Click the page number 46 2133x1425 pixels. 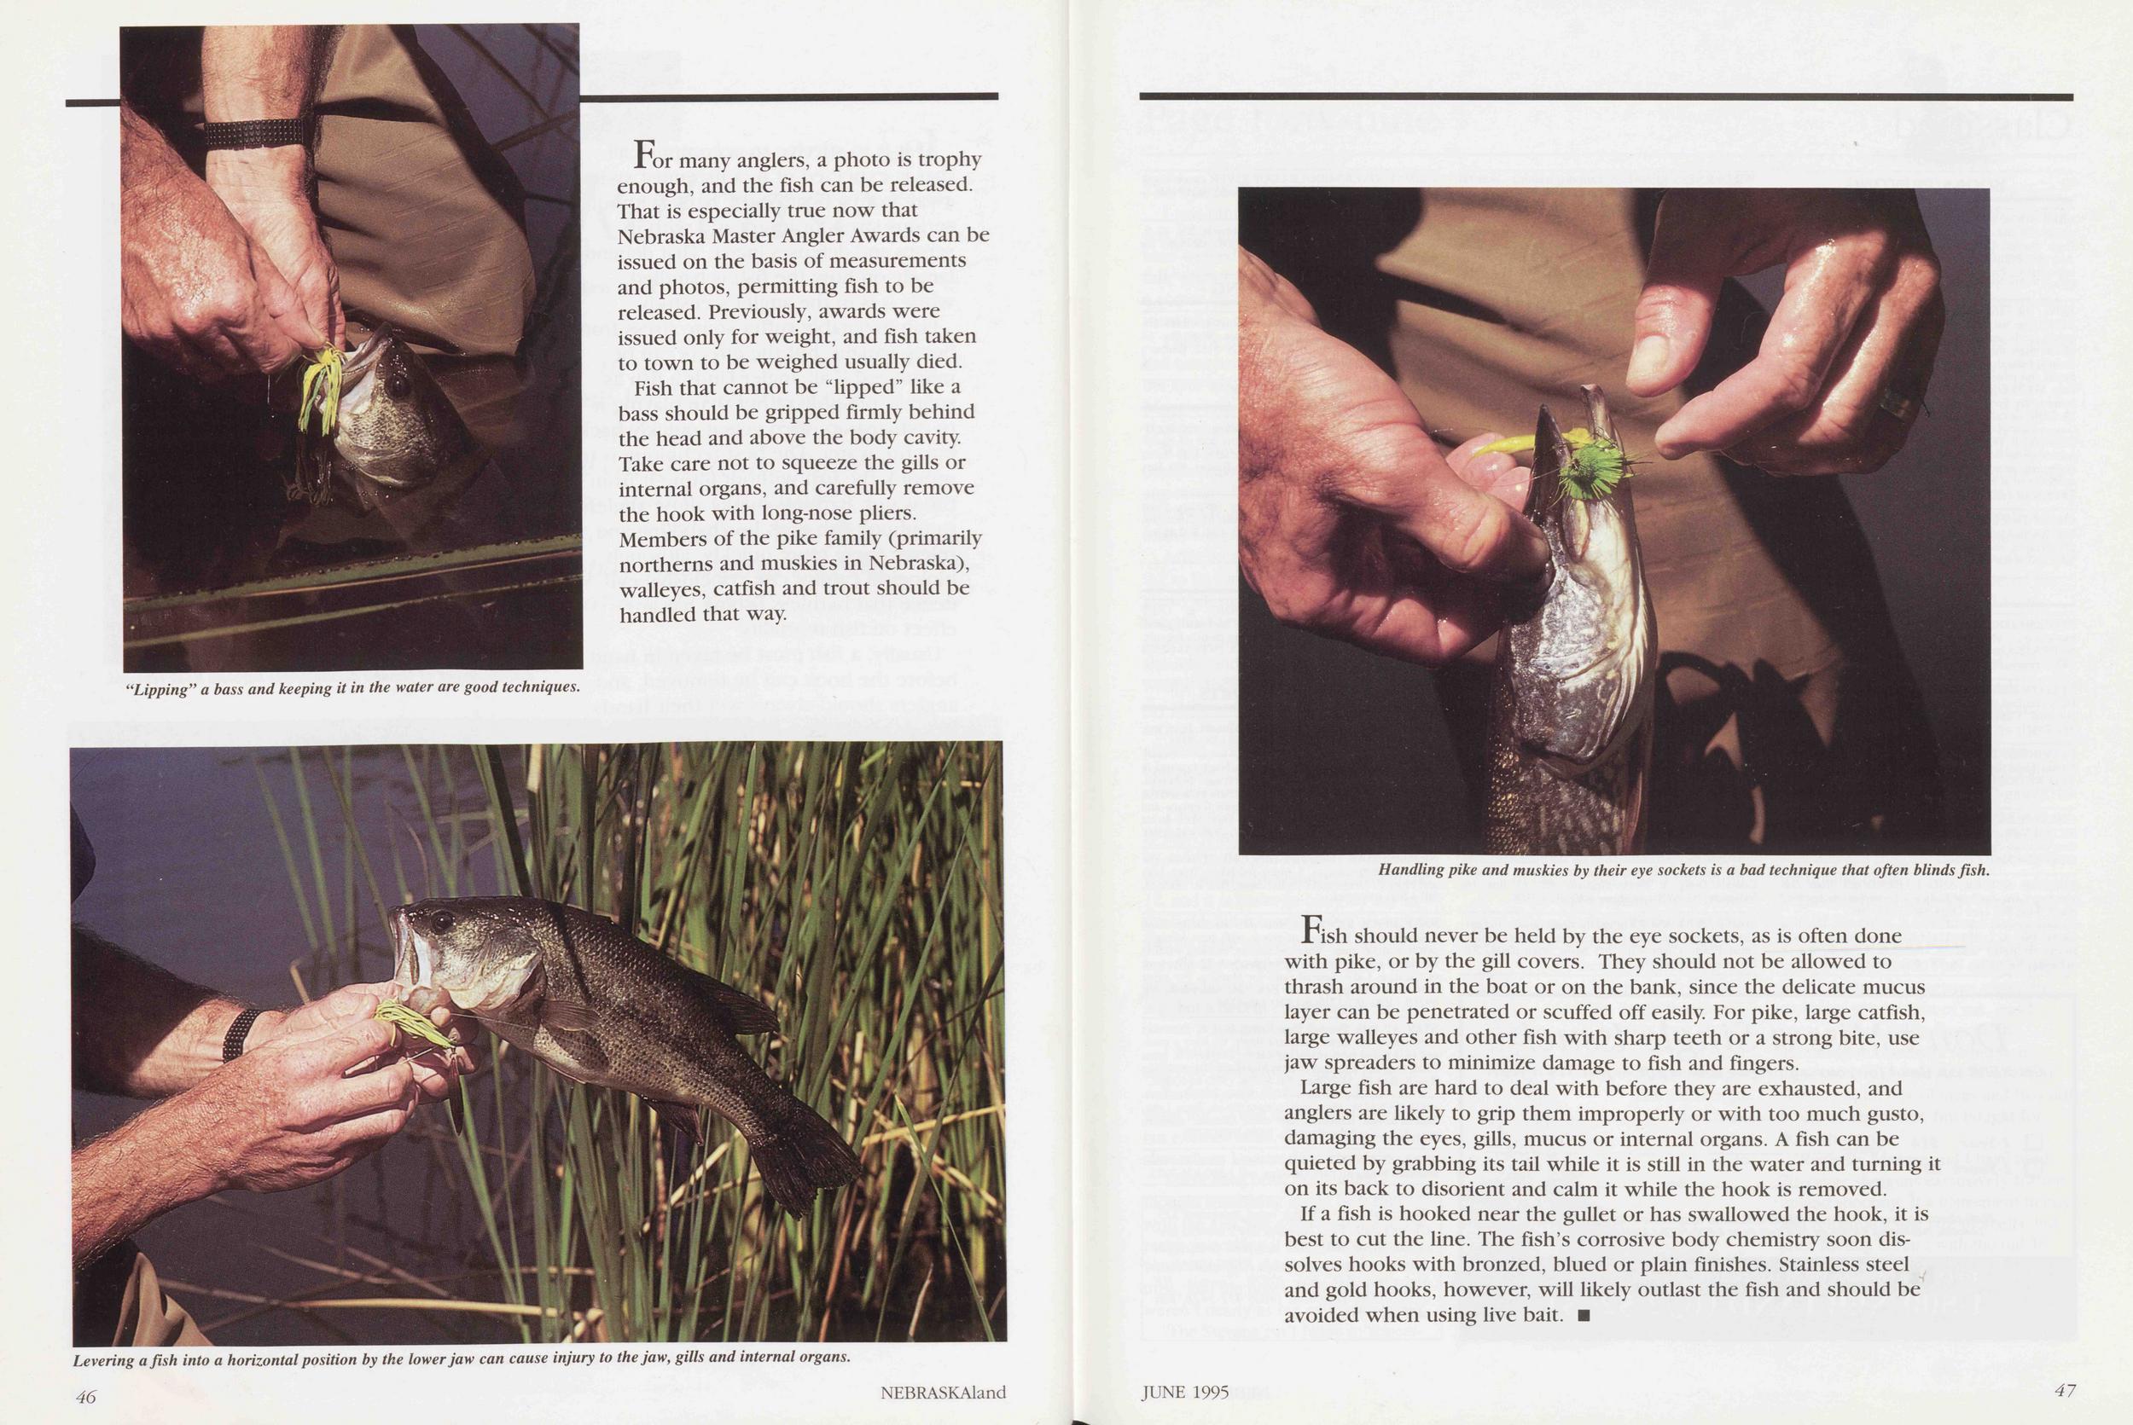click(x=85, y=1397)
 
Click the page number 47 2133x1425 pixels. click(x=2065, y=1391)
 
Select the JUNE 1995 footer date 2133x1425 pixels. click(x=1186, y=1393)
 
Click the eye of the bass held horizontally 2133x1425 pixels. click(x=440, y=922)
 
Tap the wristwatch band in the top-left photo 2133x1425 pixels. click(x=253, y=134)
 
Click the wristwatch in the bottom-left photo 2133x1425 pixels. click(x=240, y=1034)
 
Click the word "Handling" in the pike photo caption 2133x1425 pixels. click(x=1411, y=870)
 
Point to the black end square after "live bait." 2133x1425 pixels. click(x=1584, y=1315)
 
